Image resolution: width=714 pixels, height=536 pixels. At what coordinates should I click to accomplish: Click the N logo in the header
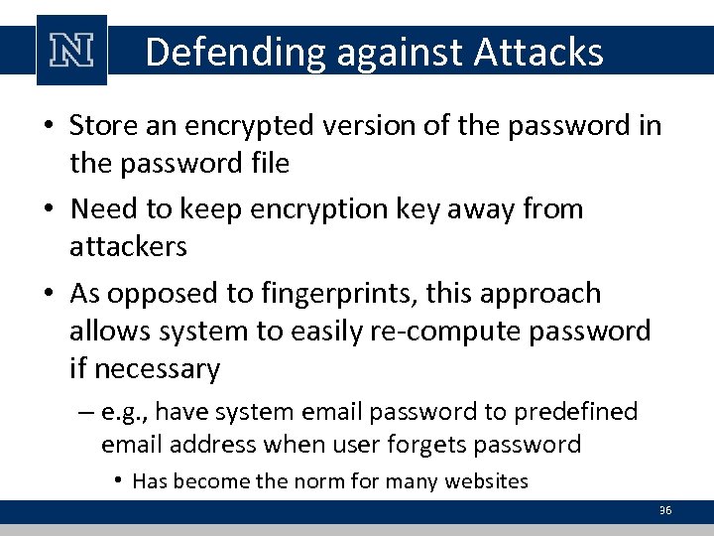(71, 51)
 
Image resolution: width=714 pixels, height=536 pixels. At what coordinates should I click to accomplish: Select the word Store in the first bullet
(103, 126)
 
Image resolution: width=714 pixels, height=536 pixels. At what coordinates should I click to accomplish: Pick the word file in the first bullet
(269, 163)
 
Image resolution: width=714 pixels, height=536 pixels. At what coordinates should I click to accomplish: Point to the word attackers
(128, 246)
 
